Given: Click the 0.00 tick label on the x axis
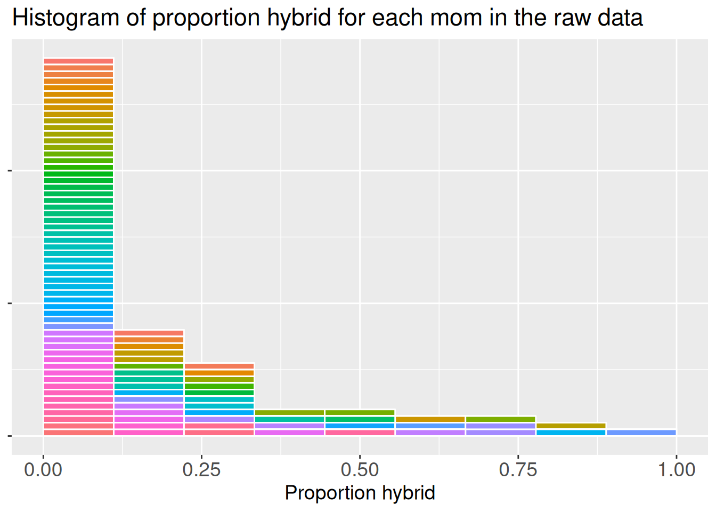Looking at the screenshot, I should [43, 470].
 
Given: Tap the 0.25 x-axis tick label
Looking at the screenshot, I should [201, 470].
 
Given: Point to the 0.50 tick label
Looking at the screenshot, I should [360, 470].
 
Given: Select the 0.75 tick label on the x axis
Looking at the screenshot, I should [518, 470].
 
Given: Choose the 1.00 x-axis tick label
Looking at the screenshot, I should [676, 470].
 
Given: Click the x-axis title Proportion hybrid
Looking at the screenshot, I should [360, 493].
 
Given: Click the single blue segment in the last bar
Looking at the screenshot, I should [641, 433].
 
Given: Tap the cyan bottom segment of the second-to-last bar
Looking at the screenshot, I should [571, 433].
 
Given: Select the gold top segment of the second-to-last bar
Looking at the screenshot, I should [571, 426].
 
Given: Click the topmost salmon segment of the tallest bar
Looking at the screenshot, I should [78, 61].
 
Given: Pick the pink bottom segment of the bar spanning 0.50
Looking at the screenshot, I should [360, 433].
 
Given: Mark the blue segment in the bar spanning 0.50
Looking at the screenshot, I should [360, 426].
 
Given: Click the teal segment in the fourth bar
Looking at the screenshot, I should [290, 420].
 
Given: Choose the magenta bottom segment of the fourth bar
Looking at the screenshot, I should [290, 433].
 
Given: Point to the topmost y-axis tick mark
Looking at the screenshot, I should [9, 171].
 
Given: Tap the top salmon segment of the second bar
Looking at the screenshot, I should [149, 333].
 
